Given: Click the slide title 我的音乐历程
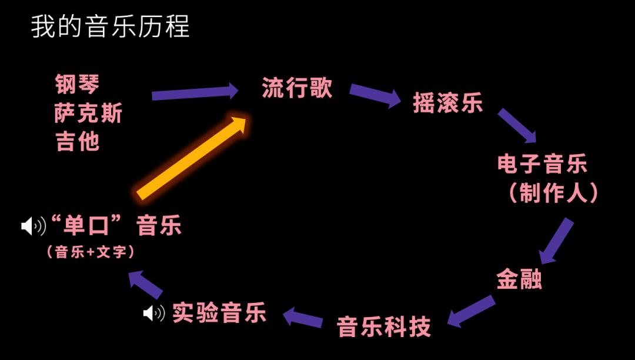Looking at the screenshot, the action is (110, 26).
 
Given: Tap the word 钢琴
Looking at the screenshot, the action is (78, 84).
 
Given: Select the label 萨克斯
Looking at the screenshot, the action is (88, 112).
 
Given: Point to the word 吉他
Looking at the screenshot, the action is (78, 141).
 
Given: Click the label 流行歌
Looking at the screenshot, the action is (297, 88).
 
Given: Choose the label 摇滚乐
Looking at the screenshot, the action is (447, 103).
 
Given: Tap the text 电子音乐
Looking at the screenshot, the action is (542, 164).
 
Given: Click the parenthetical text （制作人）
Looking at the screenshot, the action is (553, 193).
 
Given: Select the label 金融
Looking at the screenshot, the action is (519, 279).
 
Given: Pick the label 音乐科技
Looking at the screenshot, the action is (384, 327).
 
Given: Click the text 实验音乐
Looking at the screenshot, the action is (219, 312).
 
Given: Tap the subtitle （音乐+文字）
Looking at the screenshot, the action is (91, 252).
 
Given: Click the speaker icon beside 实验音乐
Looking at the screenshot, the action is (154, 313).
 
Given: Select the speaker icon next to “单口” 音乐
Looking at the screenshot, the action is (34, 226).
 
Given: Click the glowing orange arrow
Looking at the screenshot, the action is (191, 157).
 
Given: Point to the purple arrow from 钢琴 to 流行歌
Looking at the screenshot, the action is (195, 92).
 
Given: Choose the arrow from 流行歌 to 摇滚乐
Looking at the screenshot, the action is (375, 95).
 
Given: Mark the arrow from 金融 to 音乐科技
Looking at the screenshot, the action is (471, 311).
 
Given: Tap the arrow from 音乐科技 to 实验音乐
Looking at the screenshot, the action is (303, 317).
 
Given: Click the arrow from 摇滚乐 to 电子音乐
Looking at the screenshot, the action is (517, 125).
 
